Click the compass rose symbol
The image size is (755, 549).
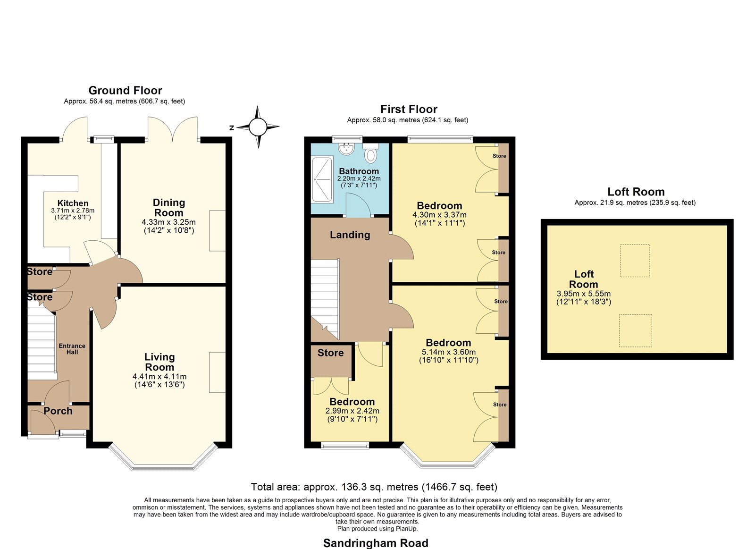pos(258,127)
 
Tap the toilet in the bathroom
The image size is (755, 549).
pos(371,153)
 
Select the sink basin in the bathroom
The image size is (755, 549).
pos(346,149)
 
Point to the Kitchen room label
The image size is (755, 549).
pos(73,203)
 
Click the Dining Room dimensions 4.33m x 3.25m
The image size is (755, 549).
pos(168,222)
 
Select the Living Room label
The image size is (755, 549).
pos(159,362)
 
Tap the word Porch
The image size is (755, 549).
pos(58,411)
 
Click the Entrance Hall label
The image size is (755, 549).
pos(72,349)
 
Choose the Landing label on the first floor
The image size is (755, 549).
pos(350,235)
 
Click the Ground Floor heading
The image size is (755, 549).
pos(125,90)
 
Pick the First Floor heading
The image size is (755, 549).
pos(409,109)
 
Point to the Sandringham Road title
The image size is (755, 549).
pos(376,543)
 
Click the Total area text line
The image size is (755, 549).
pos(374,487)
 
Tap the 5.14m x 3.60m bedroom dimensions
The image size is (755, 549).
pos(449,352)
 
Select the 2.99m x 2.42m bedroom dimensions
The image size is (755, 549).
pos(352,411)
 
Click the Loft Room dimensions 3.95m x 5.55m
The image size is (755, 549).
pos(583,294)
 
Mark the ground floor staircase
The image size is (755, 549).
pos(41,341)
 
